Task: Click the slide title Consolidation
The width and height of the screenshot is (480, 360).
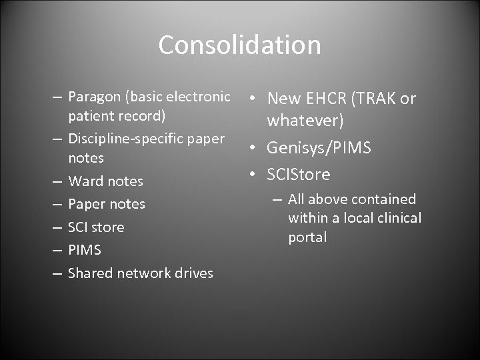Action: coord(239,45)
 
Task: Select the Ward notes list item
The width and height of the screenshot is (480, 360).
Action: coord(105,181)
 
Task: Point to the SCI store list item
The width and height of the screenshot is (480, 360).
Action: coord(96,227)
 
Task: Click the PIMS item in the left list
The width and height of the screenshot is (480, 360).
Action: coord(84,250)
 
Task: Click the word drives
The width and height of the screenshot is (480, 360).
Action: coord(193,273)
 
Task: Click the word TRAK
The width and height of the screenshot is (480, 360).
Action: coord(375,99)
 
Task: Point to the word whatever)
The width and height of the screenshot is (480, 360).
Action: coord(305,121)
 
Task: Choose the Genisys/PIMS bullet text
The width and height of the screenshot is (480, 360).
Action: coord(319,147)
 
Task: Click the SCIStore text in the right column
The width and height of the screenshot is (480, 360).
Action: coord(299,174)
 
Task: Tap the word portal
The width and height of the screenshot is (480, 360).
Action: coord(307,237)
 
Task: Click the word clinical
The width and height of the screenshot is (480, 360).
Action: coord(399,217)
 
